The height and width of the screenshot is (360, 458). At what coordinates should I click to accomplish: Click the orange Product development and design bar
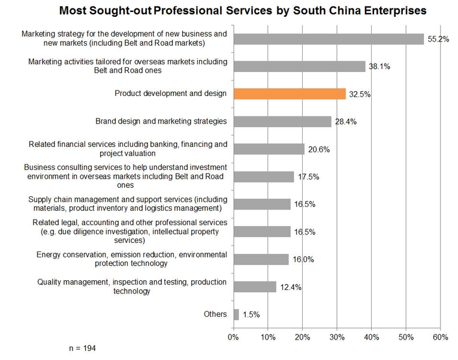click(290, 94)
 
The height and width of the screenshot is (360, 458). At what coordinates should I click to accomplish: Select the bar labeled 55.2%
click(329, 39)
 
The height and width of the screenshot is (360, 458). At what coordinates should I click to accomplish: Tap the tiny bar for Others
click(236, 314)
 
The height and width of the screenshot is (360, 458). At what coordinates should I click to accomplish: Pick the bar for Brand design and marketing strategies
click(282, 121)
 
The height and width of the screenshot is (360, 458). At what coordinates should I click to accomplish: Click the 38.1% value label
click(379, 67)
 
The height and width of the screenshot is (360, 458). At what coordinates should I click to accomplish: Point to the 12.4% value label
click(290, 287)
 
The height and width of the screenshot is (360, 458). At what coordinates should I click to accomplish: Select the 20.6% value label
click(318, 149)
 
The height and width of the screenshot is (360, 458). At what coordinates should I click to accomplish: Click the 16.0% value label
click(302, 260)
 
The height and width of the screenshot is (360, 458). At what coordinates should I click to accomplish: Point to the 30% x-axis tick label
click(337, 337)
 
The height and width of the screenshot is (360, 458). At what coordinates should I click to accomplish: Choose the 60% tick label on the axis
click(441, 337)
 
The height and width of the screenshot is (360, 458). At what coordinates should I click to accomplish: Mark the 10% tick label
click(268, 337)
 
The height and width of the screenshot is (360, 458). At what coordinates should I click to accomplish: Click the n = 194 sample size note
click(83, 348)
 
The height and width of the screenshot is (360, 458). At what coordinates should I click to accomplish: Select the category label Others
click(215, 314)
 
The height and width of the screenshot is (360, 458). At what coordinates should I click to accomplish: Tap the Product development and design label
click(171, 94)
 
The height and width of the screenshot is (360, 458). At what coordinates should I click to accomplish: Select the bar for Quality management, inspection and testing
click(255, 287)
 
